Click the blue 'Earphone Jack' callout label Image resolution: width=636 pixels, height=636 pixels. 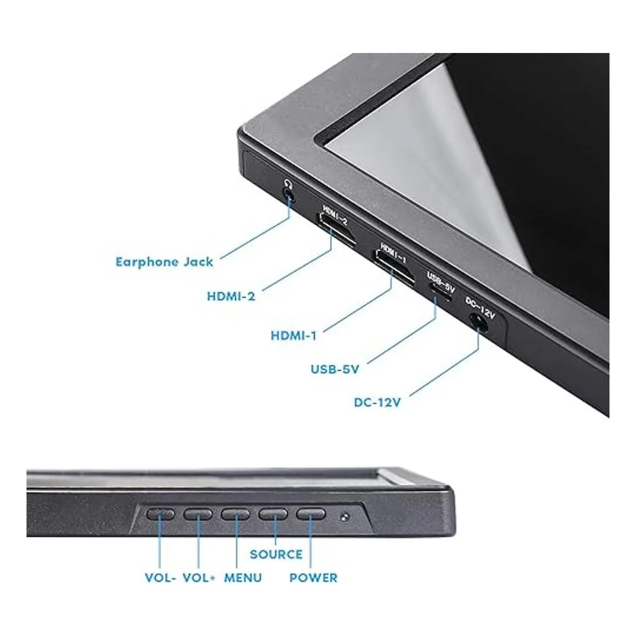coord(164,262)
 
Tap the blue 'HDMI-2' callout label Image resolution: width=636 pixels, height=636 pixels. coord(231,296)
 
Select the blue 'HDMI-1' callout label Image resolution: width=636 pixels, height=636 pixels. coord(294,336)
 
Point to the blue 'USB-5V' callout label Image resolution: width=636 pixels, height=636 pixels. coord(334,369)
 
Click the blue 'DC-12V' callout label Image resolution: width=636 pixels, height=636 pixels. coord(377,402)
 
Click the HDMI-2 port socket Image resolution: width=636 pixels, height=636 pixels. coord(336,230)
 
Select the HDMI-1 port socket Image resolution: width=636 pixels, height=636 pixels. coord(393,267)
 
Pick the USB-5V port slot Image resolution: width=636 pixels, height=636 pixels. coord(440,293)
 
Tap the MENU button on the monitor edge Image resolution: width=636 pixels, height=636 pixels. coord(235,514)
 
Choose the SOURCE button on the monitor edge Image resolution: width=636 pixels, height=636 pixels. coord(273,514)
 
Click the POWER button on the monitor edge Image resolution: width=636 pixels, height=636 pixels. coord(311,514)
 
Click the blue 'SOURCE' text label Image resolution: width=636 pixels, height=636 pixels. coord(276,554)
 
